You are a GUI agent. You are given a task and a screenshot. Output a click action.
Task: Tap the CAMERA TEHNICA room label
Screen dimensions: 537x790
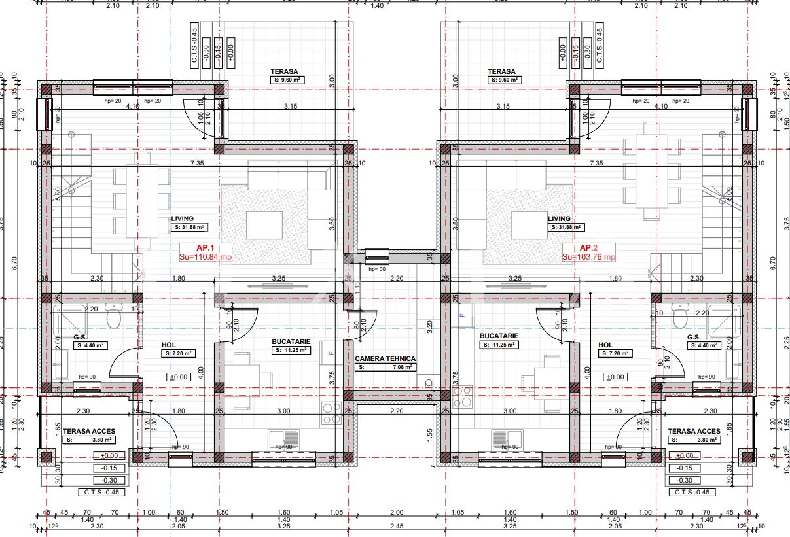385,358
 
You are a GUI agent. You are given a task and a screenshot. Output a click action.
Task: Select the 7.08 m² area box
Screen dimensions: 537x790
386,368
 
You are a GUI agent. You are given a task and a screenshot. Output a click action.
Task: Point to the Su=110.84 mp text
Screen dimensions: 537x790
205,257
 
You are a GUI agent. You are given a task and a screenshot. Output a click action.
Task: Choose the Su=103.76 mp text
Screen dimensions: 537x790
588,257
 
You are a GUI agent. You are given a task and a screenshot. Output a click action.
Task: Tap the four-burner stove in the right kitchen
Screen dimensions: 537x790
462,397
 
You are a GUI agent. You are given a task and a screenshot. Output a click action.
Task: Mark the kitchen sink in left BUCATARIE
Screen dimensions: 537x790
283,438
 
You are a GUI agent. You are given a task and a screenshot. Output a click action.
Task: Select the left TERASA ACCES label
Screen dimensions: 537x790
89,431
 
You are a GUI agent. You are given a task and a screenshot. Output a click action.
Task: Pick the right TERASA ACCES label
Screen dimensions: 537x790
694,431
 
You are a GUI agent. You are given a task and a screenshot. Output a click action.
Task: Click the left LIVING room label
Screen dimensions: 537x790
183,219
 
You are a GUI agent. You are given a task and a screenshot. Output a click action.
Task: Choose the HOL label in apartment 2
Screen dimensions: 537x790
605,345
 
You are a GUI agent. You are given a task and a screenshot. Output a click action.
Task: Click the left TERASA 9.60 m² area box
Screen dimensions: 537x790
288,80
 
